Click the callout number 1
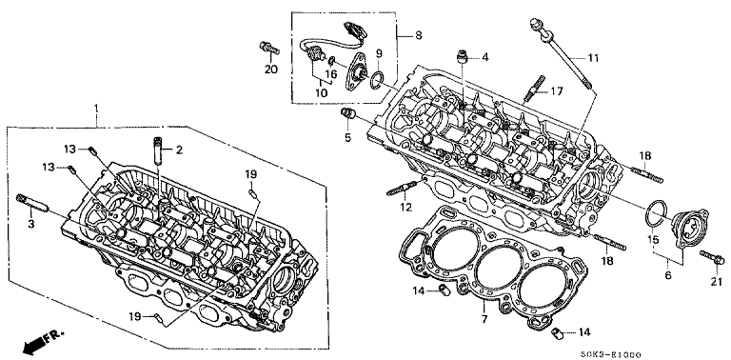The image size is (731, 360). [96, 109]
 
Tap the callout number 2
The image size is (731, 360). [179, 150]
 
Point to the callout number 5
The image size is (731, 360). [347, 138]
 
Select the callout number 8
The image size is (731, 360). [418, 35]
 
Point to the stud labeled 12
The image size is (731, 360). [401, 190]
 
